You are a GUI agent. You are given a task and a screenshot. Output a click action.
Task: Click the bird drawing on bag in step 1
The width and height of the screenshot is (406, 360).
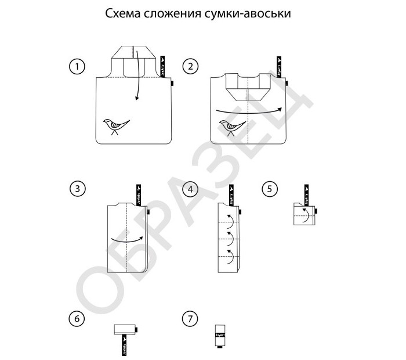pos(115,125)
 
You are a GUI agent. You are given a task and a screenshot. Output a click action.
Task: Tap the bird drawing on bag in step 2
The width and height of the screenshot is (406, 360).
pos(231,126)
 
